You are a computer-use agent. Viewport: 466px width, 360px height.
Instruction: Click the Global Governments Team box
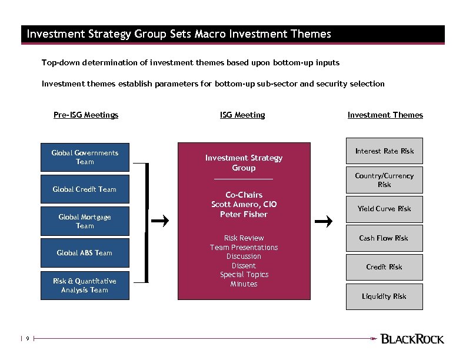[85, 157]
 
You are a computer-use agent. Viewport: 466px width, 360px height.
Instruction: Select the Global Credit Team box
[85, 189]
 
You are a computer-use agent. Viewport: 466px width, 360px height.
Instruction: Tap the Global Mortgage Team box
[85, 221]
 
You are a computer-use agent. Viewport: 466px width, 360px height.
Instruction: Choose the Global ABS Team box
[85, 253]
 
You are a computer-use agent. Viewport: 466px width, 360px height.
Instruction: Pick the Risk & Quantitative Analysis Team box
[85, 285]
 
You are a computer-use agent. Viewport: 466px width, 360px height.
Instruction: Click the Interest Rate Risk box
[384, 152]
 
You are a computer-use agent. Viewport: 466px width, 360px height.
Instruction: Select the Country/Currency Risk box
[384, 180]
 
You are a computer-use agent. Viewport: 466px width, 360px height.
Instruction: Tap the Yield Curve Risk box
[384, 209]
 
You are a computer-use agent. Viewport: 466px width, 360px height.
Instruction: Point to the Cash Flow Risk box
[384, 238]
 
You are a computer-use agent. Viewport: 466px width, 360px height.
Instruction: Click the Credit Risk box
[384, 267]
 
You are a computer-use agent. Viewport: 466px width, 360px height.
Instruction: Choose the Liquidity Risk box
[384, 296]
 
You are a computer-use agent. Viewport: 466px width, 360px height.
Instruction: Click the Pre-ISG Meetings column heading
[86, 115]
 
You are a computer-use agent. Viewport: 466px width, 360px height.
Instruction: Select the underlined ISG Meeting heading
[242, 115]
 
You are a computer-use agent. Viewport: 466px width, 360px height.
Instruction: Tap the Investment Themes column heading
[385, 115]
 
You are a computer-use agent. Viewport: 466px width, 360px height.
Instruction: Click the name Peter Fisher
[244, 215]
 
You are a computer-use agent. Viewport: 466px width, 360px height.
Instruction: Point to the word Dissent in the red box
[244, 266]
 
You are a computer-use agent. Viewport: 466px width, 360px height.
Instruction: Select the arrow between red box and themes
[325, 221]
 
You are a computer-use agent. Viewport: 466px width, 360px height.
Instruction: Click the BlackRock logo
[412, 339]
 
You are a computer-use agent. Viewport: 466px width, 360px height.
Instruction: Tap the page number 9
[27, 339]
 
